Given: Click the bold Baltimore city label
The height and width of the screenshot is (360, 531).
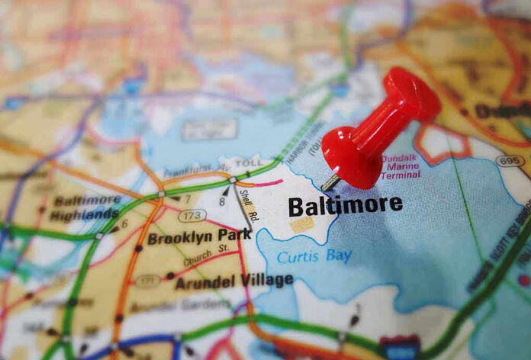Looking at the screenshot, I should click(345, 204).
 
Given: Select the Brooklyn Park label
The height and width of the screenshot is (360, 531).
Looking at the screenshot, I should click(199, 237).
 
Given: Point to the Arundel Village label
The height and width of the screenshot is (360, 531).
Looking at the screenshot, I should click(233, 281).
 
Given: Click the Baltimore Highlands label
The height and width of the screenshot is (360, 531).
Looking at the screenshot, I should click(85, 207).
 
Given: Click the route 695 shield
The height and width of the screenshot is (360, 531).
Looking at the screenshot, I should click(508, 161).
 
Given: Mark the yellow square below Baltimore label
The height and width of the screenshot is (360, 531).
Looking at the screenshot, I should click(303, 224).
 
